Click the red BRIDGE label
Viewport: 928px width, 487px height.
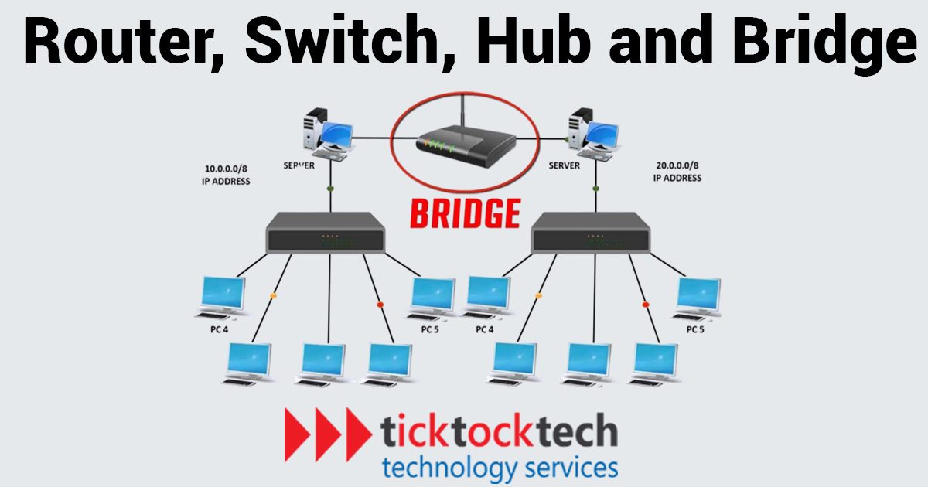click(464, 213)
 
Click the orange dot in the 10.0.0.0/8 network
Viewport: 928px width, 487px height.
click(273, 296)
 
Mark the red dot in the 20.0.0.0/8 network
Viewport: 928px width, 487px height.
click(646, 304)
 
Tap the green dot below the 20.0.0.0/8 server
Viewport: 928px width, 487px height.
click(595, 188)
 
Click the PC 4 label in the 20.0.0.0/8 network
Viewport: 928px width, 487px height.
click(485, 329)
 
